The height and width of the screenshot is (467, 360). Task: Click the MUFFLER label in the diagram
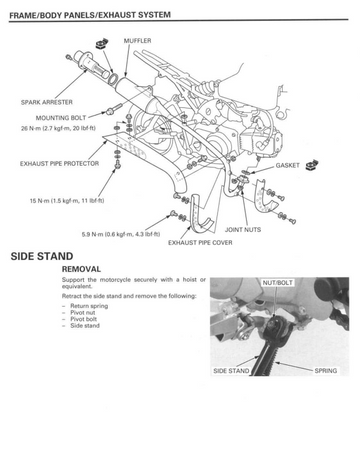137,41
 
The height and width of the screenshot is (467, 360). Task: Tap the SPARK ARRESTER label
47,102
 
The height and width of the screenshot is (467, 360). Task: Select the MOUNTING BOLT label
61,118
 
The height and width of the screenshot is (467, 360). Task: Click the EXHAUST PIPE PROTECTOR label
59,164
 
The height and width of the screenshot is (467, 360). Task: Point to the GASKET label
287,165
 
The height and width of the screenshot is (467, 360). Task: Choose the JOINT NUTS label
243,230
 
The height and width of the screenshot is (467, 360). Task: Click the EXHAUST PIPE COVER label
200,243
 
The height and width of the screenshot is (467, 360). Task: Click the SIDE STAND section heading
42,256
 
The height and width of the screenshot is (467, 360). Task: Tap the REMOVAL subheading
81,269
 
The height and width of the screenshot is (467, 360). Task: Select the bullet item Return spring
89,306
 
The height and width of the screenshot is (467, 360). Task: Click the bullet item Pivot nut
83,313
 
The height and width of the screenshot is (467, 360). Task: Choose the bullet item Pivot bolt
83,319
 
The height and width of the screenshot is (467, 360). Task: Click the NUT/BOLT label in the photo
277,283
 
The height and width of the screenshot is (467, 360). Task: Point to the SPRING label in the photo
326,371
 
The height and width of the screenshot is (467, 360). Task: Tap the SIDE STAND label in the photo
231,371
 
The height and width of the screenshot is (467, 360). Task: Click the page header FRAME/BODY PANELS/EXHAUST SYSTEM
90,15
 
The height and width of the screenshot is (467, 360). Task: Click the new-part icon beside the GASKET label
312,165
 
